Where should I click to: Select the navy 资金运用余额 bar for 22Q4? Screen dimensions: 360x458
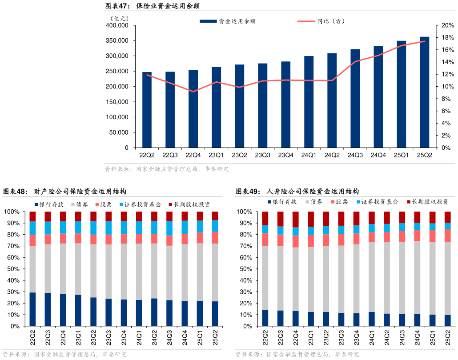[193, 109]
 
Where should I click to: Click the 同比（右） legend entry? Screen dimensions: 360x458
[324, 21]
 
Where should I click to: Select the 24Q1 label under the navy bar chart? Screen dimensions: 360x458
[309, 155]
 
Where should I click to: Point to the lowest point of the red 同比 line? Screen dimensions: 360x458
[193, 92]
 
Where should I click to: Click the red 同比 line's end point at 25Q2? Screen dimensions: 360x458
[425, 41]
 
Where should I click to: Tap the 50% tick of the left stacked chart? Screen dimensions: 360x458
[12, 269]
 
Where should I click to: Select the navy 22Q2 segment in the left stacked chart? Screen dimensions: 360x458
[32, 309]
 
